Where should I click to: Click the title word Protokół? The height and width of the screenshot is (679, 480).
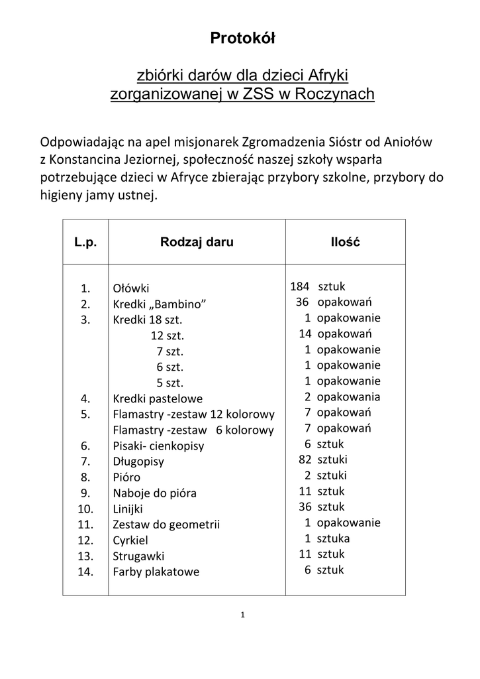[242, 38]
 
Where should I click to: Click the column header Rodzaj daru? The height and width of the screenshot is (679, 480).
[197, 242]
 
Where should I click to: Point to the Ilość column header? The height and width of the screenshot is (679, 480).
[345, 242]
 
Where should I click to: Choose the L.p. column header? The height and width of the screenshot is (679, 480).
[85, 242]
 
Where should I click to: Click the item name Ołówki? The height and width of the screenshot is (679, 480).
[131, 288]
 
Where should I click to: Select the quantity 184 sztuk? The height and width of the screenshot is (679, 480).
[318, 286]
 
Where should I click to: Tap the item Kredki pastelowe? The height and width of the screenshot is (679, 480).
[158, 399]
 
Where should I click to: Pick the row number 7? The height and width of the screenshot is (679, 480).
[85, 461]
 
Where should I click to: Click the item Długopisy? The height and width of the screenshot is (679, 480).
[138, 461]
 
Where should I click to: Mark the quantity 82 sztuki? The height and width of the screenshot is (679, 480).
[323, 460]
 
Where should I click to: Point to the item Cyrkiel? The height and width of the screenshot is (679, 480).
[130, 540]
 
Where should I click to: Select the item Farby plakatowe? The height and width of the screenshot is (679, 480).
[156, 572]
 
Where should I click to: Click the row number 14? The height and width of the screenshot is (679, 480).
[85, 572]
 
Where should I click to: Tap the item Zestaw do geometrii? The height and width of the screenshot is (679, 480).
[166, 525]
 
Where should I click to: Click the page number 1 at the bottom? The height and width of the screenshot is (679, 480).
[243, 615]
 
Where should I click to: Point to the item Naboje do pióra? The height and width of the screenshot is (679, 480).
[154, 493]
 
